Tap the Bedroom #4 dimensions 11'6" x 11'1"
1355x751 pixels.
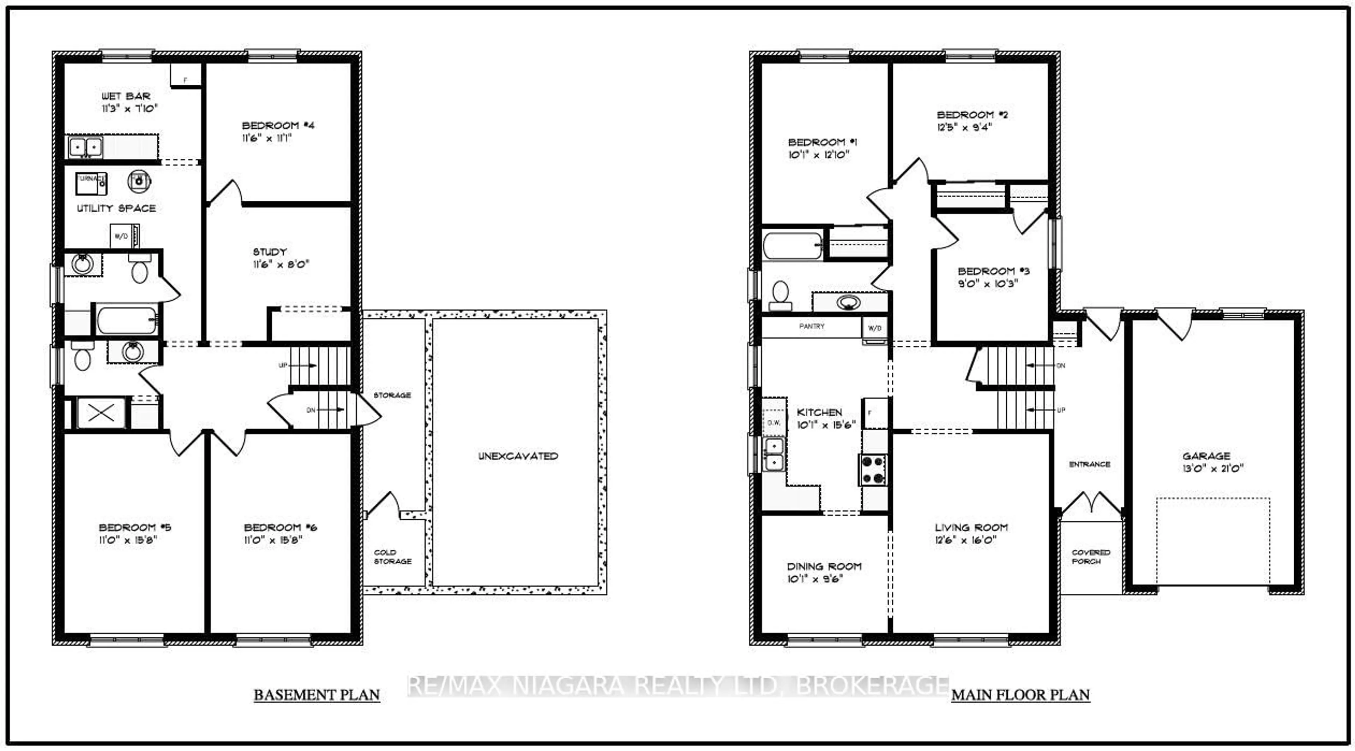(267, 138)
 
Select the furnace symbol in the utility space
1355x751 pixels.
(91, 183)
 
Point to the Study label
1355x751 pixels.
(270, 252)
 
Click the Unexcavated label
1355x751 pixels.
(518, 456)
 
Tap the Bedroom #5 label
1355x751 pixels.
(135, 527)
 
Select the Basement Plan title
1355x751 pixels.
(317, 695)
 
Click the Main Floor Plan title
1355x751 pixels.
(1020, 695)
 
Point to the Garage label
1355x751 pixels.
(1206, 456)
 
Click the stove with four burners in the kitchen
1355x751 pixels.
(873, 470)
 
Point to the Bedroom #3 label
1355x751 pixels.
(993, 271)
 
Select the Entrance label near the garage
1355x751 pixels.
(1089, 464)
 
